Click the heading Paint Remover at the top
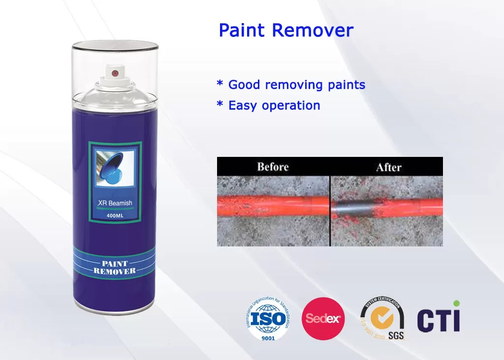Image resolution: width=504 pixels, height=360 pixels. [x=286, y=30]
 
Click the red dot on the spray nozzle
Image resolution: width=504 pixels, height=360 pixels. [x=115, y=73]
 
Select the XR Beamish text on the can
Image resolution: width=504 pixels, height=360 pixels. [x=115, y=203]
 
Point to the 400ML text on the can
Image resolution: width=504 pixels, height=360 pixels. [x=115, y=215]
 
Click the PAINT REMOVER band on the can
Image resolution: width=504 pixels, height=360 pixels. [x=115, y=268]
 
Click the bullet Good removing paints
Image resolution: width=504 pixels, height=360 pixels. [x=291, y=85]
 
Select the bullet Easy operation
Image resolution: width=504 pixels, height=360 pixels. [x=268, y=105]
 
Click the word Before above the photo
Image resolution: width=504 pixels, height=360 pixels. [x=273, y=167]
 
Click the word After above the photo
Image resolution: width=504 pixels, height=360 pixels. [x=388, y=167]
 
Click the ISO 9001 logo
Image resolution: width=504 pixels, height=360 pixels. [x=267, y=319]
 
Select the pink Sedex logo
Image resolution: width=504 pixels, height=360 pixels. [x=323, y=319]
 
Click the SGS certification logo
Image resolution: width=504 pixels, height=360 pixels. [x=382, y=320]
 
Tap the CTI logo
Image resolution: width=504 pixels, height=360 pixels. [x=439, y=319]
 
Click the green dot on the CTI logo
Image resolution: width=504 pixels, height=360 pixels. [x=457, y=303]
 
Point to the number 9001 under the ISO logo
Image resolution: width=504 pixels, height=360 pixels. [x=268, y=337]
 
